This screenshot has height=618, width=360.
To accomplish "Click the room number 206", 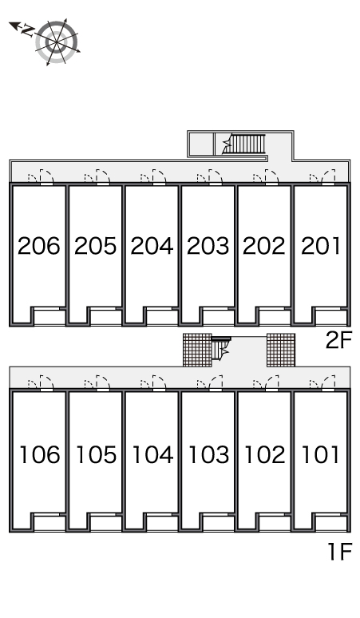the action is pos(39,246).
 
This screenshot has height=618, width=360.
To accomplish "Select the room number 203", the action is pos(208,246).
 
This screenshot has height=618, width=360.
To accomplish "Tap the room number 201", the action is pos(321,246).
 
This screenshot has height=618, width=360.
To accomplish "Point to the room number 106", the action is pos(40,454).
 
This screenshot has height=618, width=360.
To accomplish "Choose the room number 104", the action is pos(152,454).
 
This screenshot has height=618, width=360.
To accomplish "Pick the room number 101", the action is pos(321,454).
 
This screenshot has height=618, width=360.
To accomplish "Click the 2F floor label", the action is pos(338,340).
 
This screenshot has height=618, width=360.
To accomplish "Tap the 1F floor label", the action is pos(340,552).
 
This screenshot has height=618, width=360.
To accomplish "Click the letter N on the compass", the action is pos(27,30).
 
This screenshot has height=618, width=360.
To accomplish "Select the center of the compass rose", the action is pos(57,42).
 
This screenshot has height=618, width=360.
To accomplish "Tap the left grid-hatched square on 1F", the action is pos(197,350).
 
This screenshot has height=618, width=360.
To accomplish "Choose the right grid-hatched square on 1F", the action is pos(281,350).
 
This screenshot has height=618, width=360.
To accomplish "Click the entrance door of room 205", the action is pos(102,176).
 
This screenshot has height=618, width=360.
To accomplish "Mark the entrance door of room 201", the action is pos(329,176).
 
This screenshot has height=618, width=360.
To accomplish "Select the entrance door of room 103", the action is pos(216,382).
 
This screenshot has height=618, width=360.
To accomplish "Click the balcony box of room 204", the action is pos(162,316).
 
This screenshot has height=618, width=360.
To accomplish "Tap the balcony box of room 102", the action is pos(275,523).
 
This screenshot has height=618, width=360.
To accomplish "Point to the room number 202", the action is pos(264,246).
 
